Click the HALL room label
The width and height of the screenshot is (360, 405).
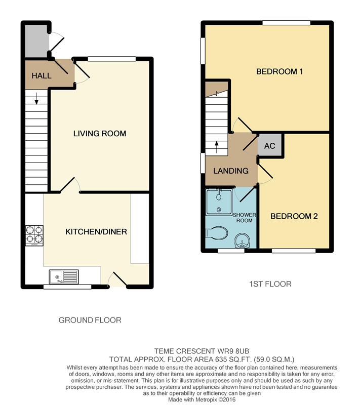(x=42, y=75)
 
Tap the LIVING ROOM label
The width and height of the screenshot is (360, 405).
(x=100, y=134)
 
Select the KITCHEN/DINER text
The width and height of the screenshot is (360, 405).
(x=96, y=232)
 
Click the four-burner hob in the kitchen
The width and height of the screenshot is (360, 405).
(x=34, y=235)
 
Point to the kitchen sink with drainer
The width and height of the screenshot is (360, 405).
(x=64, y=276)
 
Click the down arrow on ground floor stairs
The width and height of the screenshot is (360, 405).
(x=36, y=98)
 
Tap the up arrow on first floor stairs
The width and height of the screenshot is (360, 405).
(x=216, y=147)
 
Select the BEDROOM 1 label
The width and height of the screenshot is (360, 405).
(x=279, y=71)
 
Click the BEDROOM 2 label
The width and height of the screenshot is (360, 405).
(x=294, y=216)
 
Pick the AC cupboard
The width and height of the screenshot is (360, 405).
(x=269, y=145)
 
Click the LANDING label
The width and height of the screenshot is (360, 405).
(x=231, y=171)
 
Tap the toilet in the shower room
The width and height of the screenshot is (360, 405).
(x=216, y=233)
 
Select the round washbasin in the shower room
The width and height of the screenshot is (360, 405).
(x=242, y=241)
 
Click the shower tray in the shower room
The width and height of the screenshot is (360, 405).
(x=219, y=201)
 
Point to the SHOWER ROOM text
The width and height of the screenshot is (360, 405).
(x=245, y=218)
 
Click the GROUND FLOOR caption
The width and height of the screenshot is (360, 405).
(x=90, y=320)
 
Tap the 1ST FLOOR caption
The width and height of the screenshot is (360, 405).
(x=270, y=284)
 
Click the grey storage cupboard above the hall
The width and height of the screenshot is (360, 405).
(x=37, y=41)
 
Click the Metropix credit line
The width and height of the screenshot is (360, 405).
(x=202, y=399)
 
